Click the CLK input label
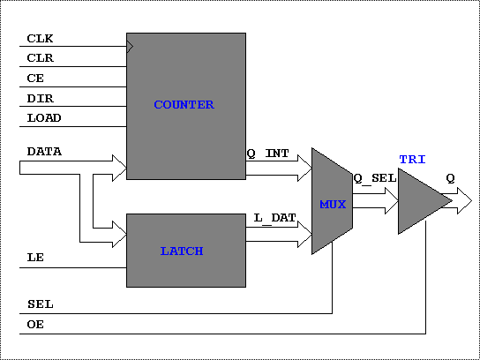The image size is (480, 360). point(40,39)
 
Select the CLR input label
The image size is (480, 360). point(41,58)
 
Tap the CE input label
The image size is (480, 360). point(35,79)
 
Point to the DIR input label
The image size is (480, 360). point(41,99)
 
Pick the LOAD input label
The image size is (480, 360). point(44,118)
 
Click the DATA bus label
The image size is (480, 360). point(44,152)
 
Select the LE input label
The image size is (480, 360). point(35,258)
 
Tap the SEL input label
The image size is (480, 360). point(41,304)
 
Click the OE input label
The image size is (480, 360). point(35,325)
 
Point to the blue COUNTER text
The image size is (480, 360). point(184,105)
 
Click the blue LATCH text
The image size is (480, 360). point(182,251)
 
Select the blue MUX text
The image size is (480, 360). point(333,205)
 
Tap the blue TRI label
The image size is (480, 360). point(413,160)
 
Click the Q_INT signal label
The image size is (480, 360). point(268,154)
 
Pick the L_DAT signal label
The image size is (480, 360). point(275,218)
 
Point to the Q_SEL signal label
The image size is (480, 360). point(375,178)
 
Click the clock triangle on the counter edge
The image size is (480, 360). point(130,47)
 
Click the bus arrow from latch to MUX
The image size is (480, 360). point(279,234)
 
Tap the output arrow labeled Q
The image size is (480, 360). point(456,201)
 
